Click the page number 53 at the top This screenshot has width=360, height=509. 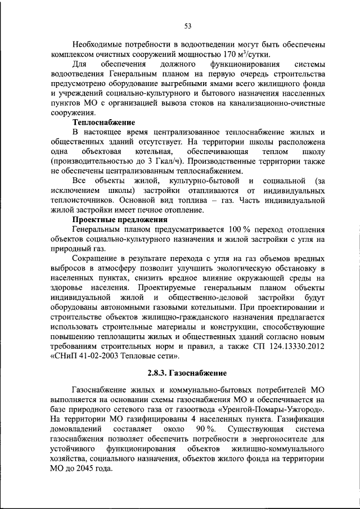click(187, 25)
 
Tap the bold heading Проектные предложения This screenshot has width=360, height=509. click(120, 220)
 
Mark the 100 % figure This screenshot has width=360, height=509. click(240, 229)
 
